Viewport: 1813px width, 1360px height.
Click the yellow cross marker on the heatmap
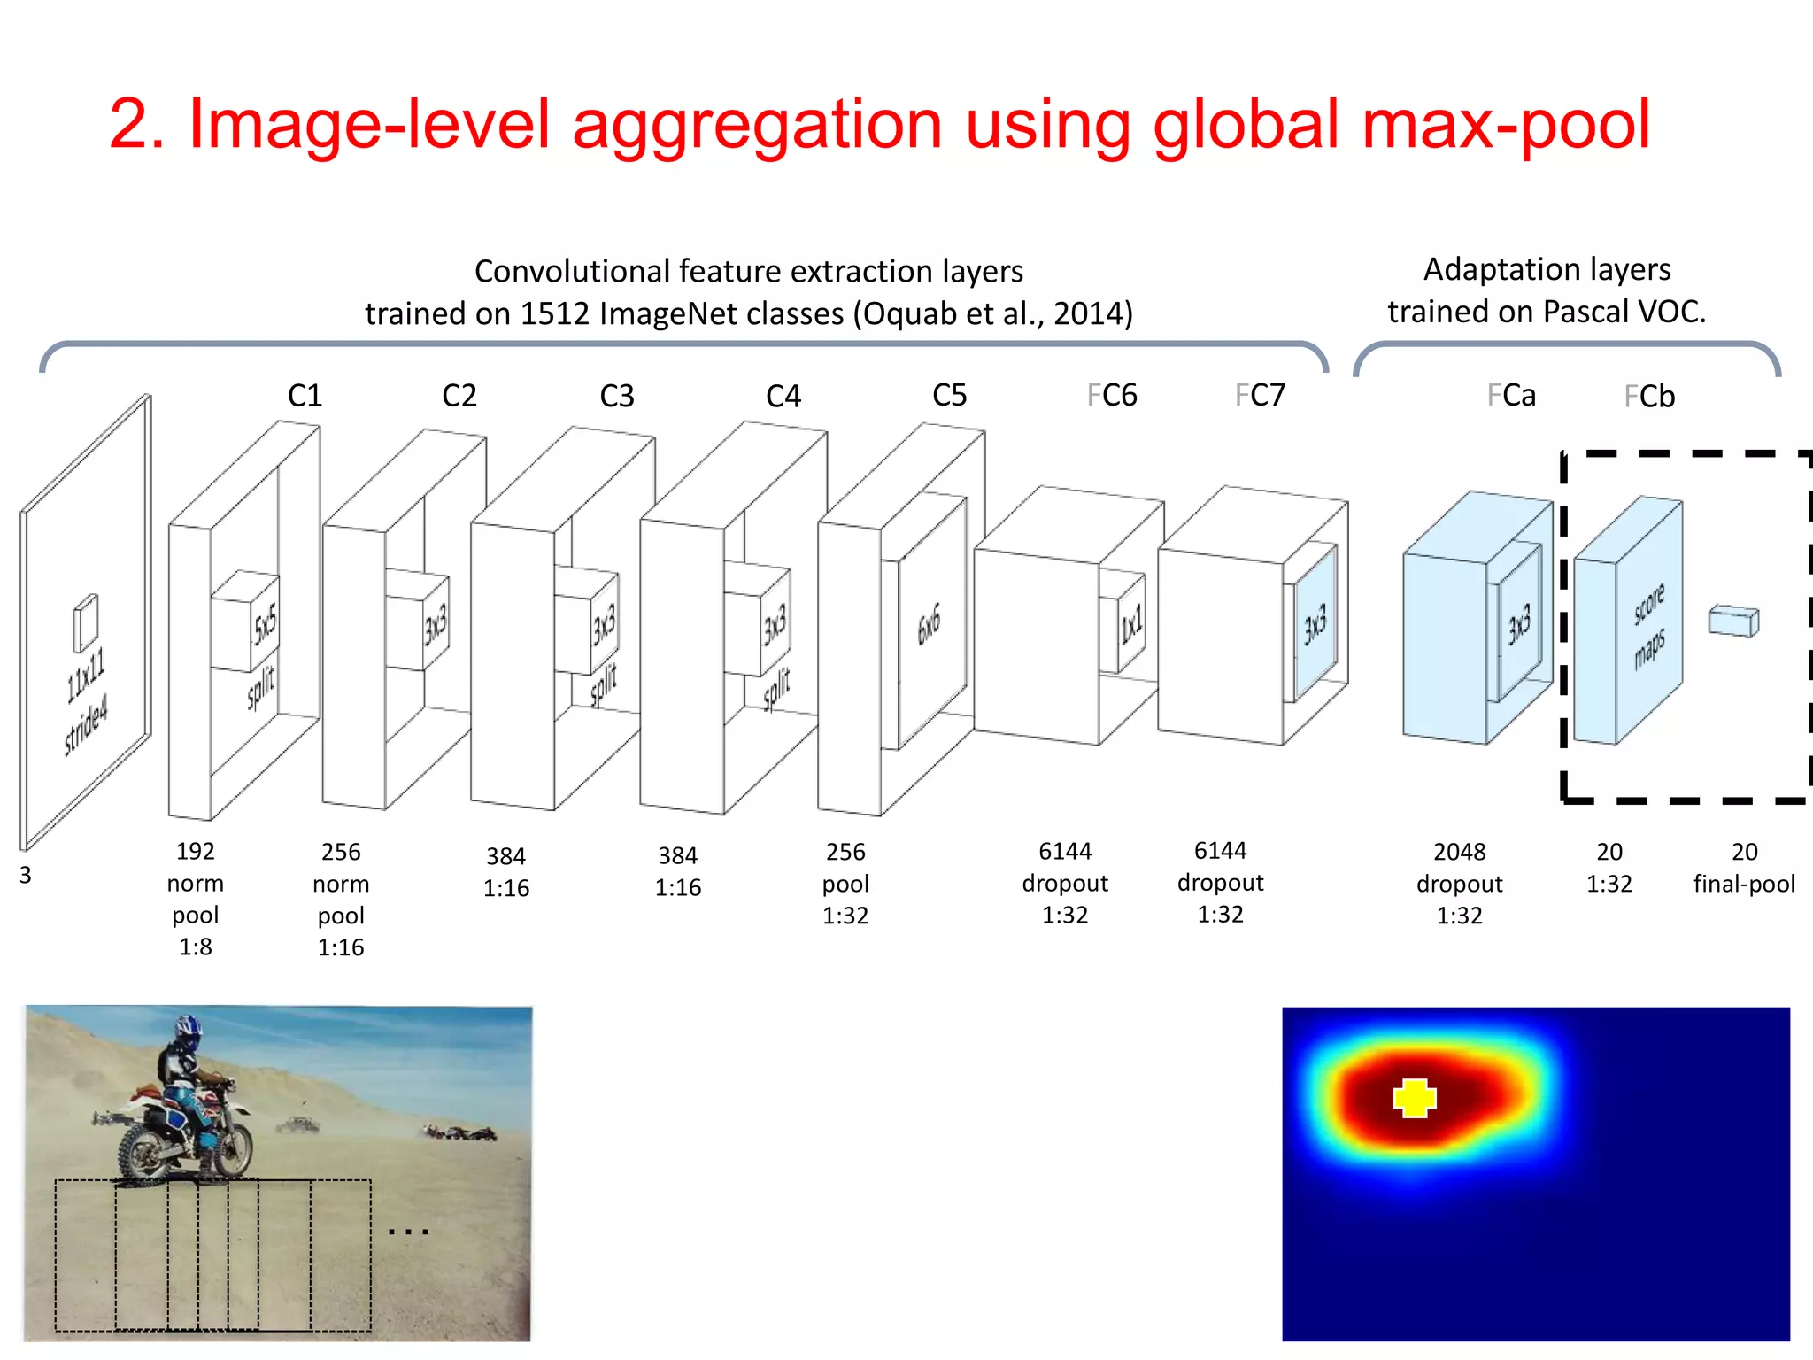1414,1098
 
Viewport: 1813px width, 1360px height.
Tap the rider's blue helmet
188,1028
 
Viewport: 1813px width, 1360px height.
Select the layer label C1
305,395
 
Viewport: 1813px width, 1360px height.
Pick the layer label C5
949,395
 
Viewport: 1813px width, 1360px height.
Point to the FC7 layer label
1260,395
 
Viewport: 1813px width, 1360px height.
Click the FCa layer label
1511,395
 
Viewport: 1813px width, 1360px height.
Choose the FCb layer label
1649,396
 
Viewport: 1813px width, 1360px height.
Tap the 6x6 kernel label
929,625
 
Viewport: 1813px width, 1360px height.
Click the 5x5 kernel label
266,624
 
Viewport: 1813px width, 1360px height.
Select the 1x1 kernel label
1131,625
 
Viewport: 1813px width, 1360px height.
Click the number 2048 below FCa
1459,852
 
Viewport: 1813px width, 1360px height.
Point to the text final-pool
1744,884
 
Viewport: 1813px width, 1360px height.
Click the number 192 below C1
196,851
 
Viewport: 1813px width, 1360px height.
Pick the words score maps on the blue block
1649,625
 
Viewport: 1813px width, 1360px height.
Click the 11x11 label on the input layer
86,673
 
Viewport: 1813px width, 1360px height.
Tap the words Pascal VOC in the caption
1623,312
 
